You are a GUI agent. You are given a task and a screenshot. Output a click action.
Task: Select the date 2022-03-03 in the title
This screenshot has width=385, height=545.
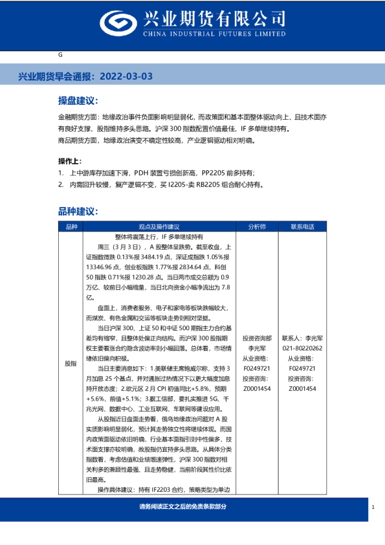point(127,76)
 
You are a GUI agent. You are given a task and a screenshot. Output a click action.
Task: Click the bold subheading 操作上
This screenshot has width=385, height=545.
point(70,161)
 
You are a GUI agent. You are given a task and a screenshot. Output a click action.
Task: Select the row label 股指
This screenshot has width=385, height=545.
point(71,364)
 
